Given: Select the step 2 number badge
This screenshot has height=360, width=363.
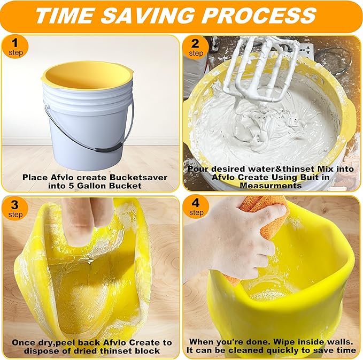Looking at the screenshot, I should click(196, 47).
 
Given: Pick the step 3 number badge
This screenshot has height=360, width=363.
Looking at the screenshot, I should click(16, 207).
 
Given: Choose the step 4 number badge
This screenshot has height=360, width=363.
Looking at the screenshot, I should click(196, 207).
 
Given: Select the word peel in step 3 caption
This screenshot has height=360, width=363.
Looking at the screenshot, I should click(69, 342).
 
